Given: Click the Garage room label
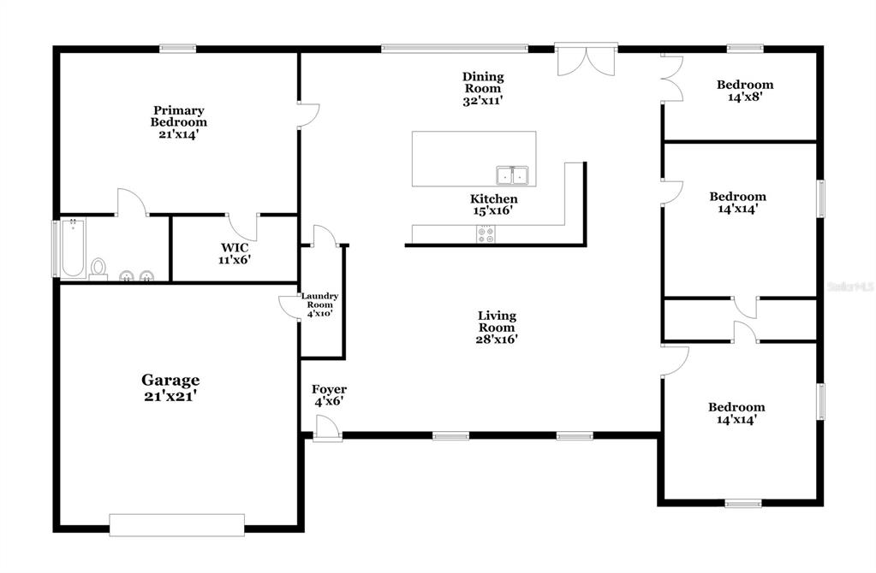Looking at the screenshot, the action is pyautogui.click(x=170, y=387).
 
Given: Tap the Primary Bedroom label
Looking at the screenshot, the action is pyautogui.click(x=179, y=122).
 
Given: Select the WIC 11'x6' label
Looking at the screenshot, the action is pyautogui.click(x=235, y=253).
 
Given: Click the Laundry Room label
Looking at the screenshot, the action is pyautogui.click(x=320, y=304).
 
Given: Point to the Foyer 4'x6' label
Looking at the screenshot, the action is pyautogui.click(x=329, y=395).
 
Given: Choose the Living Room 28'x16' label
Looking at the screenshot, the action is pyautogui.click(x=497, y=327).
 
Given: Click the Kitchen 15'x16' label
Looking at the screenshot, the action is pyautogui.click(x=493, y=204).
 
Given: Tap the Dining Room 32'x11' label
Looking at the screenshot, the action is pyautogui.click(x=483, y=88).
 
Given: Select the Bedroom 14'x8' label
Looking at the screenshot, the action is pyautogui.click(x=745, y=91).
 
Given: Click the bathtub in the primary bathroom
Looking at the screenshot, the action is pyautogui.click(x=73, y=248).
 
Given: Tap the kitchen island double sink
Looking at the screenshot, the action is pyautogui.click(x=512, y=175).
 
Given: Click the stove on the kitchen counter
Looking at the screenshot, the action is pyautogui.click(x=486, y=233).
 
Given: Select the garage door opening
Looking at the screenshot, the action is pyautogui.click(x=176, y=525).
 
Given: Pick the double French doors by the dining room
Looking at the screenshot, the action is pyautogui.click(x=586, y=60).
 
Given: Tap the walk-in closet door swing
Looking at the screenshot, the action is pyautogui.click(x=242, y=227).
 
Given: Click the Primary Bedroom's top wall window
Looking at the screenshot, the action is pyautogui.click(x=177, y=49).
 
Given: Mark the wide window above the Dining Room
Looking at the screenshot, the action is pyautogui.click(x=454, y=49).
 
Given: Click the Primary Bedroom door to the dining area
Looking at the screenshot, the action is pyautogui.click(x=308, y=115).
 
